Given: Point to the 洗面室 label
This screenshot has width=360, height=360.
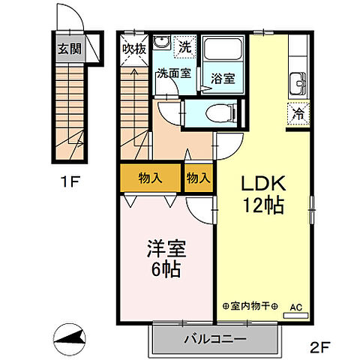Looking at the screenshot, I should [x=172, y=73].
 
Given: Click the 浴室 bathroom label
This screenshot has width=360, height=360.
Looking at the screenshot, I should [x=222, y=77].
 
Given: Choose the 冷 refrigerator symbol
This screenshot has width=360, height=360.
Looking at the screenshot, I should [x=297, y=115].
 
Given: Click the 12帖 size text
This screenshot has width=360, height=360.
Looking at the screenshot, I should [x=262, y=205].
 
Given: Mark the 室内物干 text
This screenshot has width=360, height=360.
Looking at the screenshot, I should [x=250, y=306].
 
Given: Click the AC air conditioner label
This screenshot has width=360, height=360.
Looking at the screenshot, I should [x=296, y=306].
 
